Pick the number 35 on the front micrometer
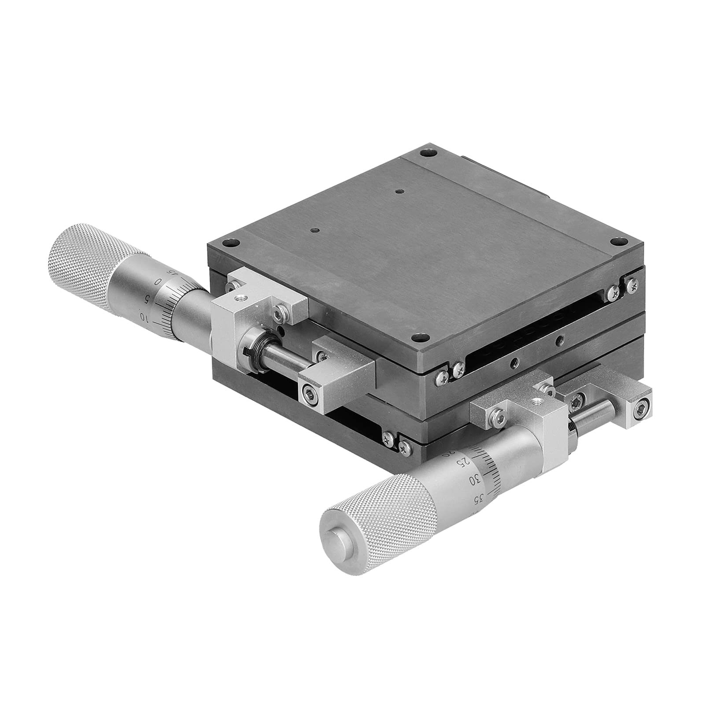(x=477, y=498)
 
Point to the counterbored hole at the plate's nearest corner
(x=417, y=338)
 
